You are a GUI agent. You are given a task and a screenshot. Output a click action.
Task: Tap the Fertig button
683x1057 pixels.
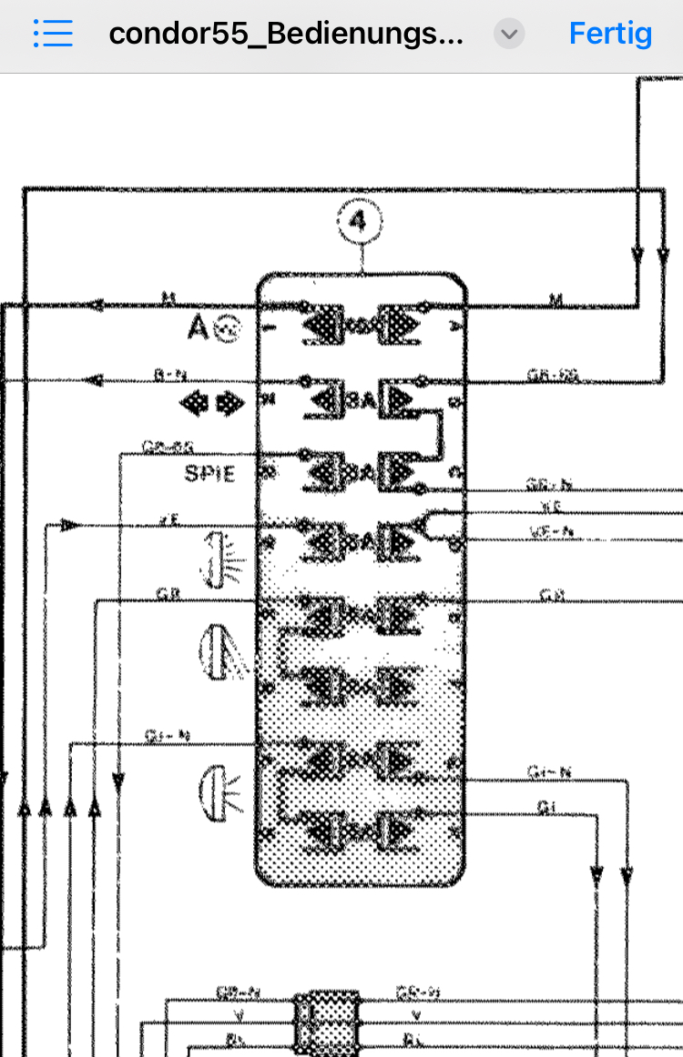(610, 35)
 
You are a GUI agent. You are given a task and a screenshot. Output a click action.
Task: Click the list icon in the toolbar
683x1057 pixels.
(53, 35)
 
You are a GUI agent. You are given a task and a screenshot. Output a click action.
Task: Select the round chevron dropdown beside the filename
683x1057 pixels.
(509, 35)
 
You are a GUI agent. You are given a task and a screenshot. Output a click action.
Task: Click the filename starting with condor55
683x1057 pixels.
(286, 35)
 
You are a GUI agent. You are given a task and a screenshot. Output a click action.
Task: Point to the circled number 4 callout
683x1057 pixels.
(360, 221)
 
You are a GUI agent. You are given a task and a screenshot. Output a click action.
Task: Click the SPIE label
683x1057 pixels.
(209, 474)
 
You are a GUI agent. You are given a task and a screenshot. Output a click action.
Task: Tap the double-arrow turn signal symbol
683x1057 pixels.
(211, 403)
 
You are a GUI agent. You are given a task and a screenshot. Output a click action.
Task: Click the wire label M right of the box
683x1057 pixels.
(556, 298)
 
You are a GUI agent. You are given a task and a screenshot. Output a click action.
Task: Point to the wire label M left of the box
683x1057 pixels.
(168, 297)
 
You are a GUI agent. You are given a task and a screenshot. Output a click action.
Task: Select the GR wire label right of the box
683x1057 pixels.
(552, 595)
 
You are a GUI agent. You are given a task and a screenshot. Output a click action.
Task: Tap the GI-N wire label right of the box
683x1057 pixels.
(549, 772)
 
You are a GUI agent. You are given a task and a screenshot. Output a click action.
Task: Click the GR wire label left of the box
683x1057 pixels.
(168, 591)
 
